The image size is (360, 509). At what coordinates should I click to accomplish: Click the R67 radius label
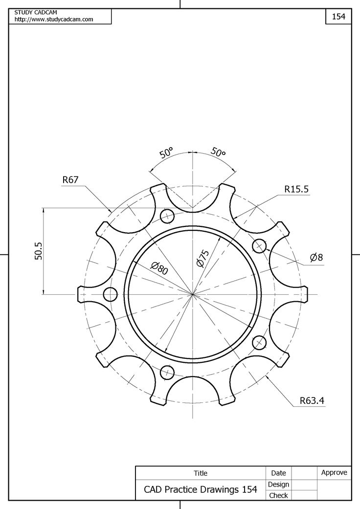tap(70, 180)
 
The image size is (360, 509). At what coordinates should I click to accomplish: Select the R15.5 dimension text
tap(296, 189)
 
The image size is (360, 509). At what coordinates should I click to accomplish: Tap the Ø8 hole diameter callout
tap(316, 257)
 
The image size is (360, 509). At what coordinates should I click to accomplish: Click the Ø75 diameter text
tap(202, 258)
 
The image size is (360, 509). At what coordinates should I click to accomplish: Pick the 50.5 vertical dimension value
tap(39, 251)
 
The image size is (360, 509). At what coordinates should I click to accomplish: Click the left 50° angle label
tap(166, 153)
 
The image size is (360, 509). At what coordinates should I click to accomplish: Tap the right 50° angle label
tap(218, 153)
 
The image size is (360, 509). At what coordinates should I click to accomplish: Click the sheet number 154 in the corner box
tap(338, 16)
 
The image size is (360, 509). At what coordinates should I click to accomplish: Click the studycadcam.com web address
tap(54, 19)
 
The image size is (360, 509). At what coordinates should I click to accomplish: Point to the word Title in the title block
tap(201, 473)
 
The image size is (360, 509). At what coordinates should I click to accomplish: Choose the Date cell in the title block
tap(278, 473)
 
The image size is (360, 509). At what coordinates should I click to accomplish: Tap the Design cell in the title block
tap(278, 484)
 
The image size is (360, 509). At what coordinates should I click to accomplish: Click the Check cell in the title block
tap(278, 495)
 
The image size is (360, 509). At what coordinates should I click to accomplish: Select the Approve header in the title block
tap(334, 472)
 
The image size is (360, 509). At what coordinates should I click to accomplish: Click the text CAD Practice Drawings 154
tap(200, 489)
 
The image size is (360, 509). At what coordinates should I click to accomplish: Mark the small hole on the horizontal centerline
tap(111, 294)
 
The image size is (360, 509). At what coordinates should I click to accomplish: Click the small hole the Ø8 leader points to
tap(259, 245)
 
